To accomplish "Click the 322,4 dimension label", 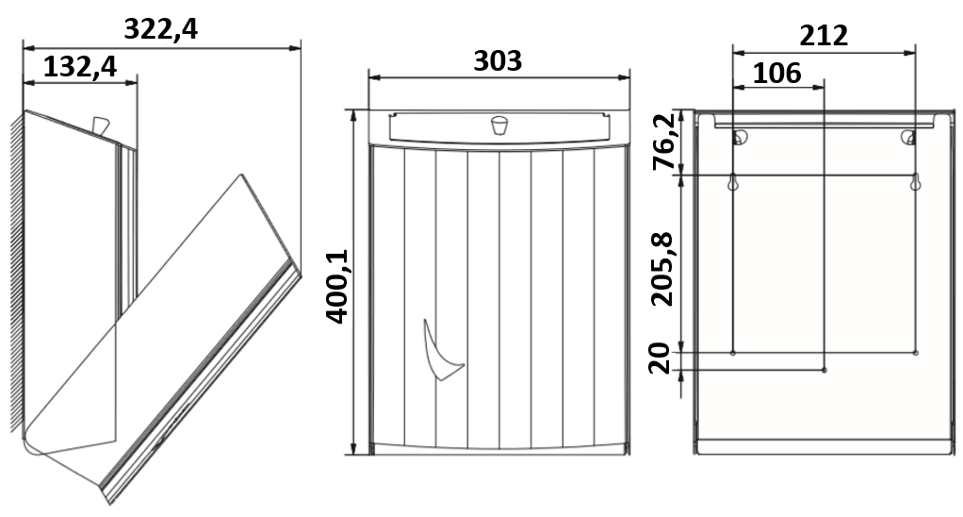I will (161, 29).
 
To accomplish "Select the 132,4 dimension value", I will (79, 66).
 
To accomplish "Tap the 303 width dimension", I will (498, 61).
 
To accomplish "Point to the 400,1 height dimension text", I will (336, 286).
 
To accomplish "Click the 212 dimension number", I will (824, 36).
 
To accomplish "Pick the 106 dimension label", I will (777, 73).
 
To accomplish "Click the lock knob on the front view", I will (498, 125).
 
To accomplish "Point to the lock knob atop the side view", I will (99, 125).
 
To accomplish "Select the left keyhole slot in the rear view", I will (733, 184).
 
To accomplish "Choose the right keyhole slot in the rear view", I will (915, 184).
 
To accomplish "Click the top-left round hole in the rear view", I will (740, 138).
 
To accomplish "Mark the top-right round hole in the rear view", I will (909, 138).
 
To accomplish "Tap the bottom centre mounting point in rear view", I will (824, 370).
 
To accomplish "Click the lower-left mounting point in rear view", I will (733, 353).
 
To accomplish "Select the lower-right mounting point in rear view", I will (915, 353).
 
